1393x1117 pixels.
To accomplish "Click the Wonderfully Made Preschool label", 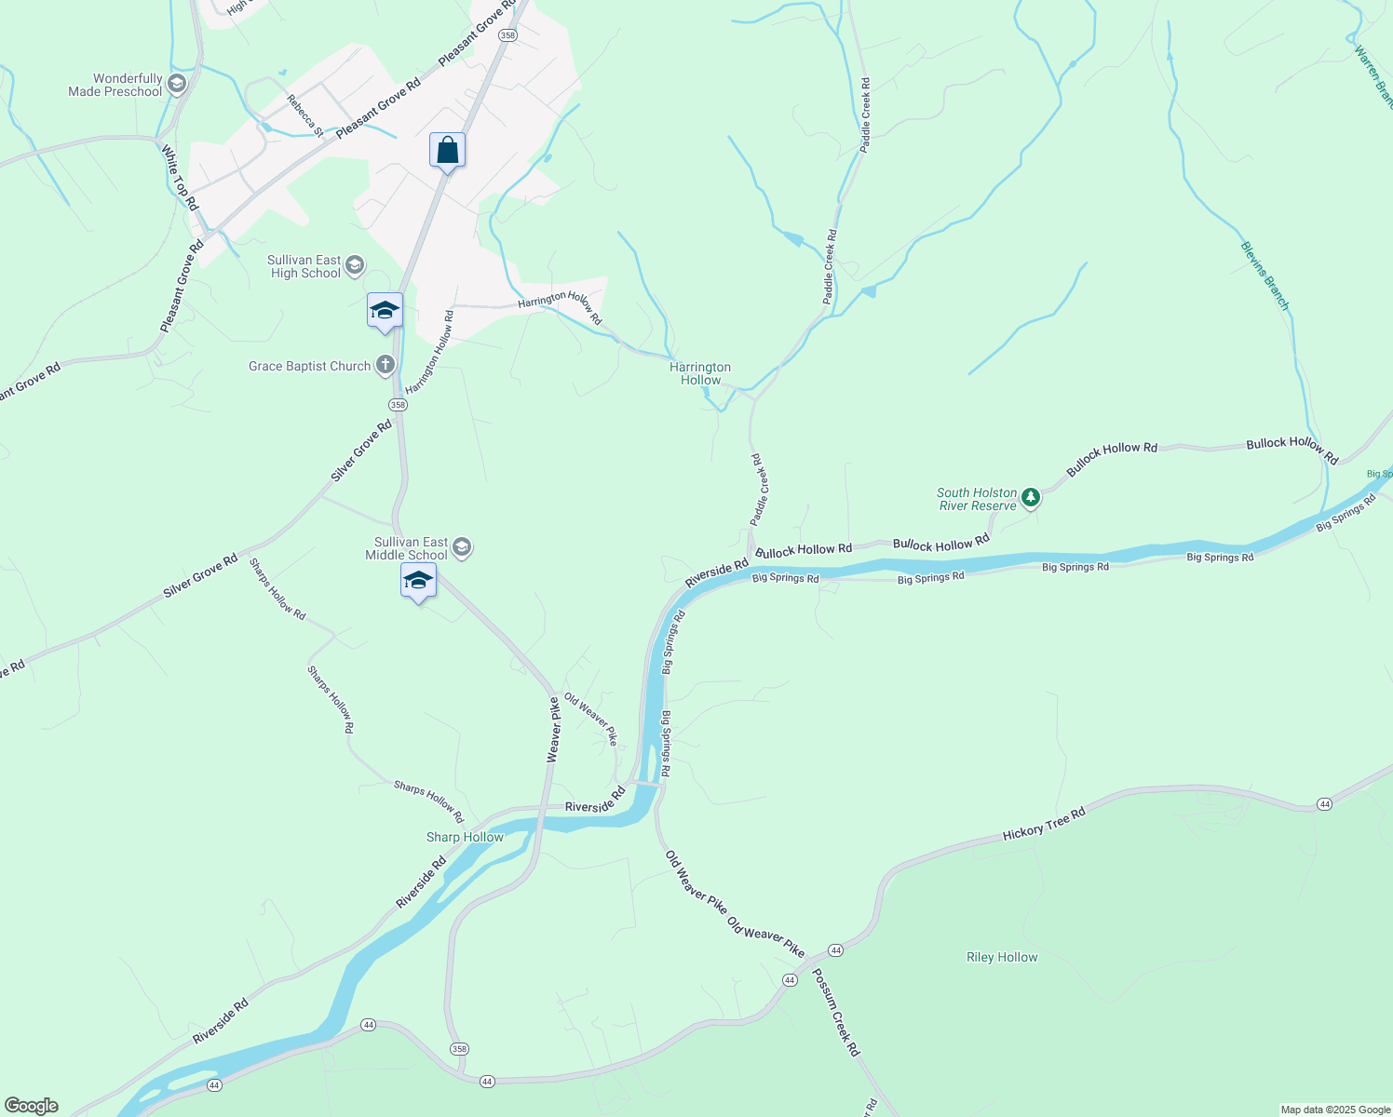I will click(115, 86).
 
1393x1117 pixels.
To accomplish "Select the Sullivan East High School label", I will click(304, 267).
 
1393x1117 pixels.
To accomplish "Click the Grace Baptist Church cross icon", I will click(385, 366).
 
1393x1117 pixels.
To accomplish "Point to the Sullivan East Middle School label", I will click(411, 548).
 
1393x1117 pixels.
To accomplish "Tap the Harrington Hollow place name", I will click(700, 373).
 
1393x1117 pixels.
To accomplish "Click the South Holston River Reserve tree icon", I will click(1031, 498).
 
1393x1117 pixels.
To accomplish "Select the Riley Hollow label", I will click(1002, 957).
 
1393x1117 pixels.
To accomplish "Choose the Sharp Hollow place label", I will click(465, 837).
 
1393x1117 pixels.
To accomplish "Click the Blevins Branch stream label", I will click(1265, 276).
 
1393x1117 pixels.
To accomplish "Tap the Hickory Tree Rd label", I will click(1044, 825).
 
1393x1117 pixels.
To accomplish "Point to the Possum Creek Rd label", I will click(836, 1012).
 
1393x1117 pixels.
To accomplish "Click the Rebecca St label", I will click(304, 115).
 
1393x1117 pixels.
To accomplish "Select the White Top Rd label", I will click(180, 177).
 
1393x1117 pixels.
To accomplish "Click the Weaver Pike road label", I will click(553, 730).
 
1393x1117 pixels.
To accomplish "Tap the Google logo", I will click(31, 1106).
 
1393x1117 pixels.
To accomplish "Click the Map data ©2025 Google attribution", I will click(1335, 1110).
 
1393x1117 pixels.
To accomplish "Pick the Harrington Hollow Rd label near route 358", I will click(429, 352).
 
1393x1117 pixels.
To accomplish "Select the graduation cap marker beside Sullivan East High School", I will click(385, 311).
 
